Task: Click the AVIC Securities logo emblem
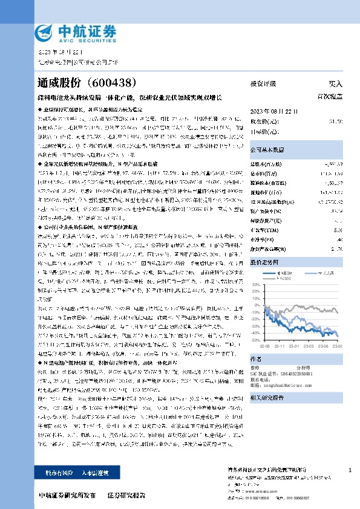pos(44,32)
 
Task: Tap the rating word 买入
pos(335,84)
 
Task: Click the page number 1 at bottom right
pos(350,470)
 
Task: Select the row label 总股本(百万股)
pos(266,164)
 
